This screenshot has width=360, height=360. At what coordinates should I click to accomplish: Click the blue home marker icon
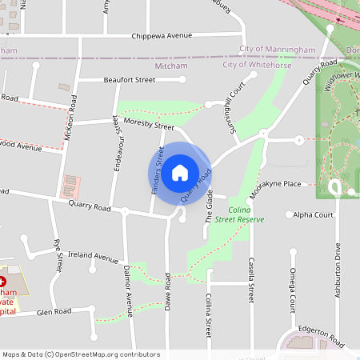[x=180, y=171]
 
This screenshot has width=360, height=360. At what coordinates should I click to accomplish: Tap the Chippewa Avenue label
[x=163, y=35]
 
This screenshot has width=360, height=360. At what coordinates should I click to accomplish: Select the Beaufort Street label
[x=129, y=80]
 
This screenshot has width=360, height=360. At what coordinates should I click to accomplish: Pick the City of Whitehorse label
[x=257, y=64]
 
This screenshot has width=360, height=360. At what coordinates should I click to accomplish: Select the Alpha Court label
[x=313, y=214]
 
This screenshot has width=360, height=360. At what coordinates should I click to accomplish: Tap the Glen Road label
[x=54, y=313]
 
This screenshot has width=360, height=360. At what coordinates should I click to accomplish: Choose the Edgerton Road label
[x=321, y=336]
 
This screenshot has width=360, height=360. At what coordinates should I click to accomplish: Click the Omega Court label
[x=293, y=293]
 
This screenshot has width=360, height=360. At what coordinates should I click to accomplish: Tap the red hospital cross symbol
[x=2, y=282]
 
